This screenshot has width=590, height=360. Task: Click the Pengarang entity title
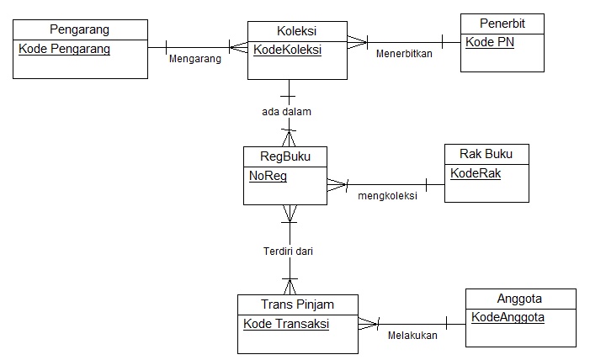click(80, 30)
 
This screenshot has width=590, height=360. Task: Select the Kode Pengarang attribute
click(64, 49)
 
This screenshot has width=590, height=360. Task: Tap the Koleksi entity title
click(296, 30)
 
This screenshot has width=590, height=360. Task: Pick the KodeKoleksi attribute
click(289, 50)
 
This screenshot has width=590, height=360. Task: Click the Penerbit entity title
click(502, 23)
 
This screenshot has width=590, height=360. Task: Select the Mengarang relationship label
click(194, 60)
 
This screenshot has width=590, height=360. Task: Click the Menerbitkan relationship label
click(405, 53)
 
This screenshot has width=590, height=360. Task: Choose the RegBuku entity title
click(284, 156)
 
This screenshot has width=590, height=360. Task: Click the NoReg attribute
click(268, 176)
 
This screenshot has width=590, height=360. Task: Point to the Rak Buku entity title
click(486, 154)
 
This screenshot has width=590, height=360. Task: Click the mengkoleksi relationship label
click(388, 197)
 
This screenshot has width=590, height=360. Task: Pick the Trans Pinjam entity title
click(298, 304)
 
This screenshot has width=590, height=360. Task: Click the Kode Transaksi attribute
click(286, 324)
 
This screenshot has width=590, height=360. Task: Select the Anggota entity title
click(519, 299)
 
